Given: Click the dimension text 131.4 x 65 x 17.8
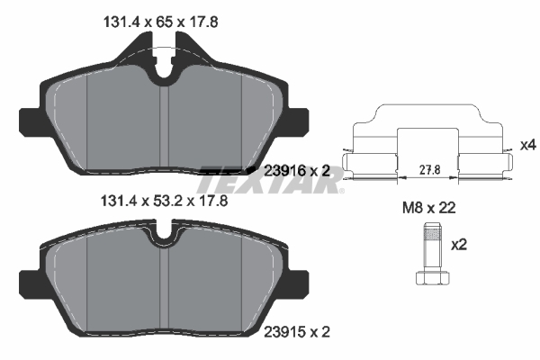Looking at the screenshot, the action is (160, 22).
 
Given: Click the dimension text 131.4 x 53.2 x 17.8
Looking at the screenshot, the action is (164, 200).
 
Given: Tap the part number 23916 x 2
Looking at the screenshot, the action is (297, 170).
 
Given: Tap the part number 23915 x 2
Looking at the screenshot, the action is (297, 332).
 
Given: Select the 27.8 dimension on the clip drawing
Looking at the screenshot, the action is (429, 169).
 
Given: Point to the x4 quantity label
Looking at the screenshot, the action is (528, 145).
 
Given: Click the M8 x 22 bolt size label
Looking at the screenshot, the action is (429, 208).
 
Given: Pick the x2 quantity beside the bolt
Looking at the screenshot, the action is (459, 245).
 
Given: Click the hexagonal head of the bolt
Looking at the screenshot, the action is (433, 278).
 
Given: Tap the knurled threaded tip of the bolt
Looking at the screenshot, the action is (433, 231).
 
